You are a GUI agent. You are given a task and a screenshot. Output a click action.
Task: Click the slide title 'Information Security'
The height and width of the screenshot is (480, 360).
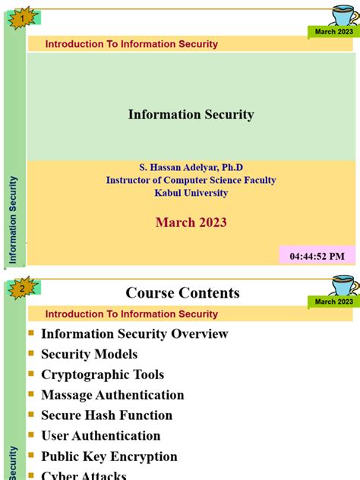[x=191, y=115]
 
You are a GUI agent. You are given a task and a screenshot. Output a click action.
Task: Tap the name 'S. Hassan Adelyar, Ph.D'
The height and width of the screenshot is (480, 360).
[x=191, y=167]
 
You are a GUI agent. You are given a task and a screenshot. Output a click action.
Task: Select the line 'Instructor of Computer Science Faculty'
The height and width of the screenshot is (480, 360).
[x=191, y=180]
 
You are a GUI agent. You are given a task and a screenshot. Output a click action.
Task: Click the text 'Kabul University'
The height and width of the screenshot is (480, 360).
[x=191, y=193]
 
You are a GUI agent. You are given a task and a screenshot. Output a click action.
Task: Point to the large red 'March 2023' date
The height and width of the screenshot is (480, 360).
[x=191, y=223]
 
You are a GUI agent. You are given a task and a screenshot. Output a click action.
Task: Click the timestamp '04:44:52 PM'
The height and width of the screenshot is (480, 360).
[x=317, y=256]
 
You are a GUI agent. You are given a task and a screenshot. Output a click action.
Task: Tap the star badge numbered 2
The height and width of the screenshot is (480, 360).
[x=23, y=289]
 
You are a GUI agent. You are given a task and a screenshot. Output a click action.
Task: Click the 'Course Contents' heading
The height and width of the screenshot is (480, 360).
[x=182, y=292]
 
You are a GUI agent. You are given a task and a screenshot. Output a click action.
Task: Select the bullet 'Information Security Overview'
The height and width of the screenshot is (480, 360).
[x=134, y=333]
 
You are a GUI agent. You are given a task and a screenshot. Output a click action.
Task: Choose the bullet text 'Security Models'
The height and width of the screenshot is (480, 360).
[x=89, y=354]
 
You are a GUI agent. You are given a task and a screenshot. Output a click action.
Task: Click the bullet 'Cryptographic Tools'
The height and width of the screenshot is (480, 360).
[x=103, y=374]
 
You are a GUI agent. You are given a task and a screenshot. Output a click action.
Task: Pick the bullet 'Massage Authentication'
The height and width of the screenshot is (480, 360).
[x=112, y=395]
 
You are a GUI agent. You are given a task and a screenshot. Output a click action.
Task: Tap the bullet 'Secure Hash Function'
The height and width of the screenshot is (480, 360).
[x=106, y=415]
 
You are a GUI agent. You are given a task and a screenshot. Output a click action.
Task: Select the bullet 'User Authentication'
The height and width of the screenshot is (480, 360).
[x=100, y=436]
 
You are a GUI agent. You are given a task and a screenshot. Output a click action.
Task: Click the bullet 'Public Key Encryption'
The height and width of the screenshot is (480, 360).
[x=109, y=456]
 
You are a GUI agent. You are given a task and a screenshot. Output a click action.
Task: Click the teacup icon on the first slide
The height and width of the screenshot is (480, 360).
[x=343, y=14]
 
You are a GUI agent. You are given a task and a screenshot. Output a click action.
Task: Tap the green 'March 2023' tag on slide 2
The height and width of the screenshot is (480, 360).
[x=334, y=302]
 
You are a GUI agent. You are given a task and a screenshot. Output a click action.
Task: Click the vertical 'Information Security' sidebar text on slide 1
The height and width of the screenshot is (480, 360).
[x=13, y=220]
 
